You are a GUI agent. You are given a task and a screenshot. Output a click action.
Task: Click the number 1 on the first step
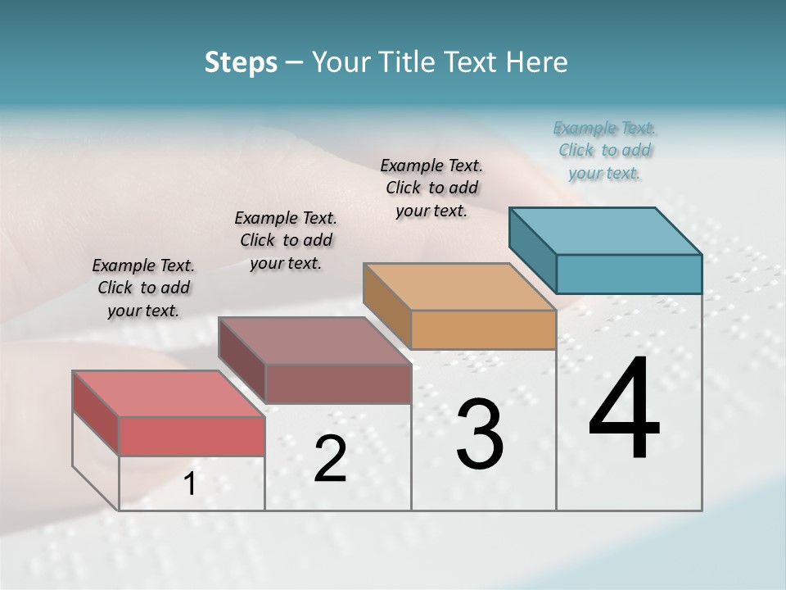click(x=190, y=483)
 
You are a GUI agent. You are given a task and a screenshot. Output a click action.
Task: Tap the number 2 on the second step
click(x=330, y=459)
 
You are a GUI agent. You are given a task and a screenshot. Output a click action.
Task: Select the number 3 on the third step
click(x=479, y=434)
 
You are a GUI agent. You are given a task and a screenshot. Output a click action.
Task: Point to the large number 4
click(x=624, y=410)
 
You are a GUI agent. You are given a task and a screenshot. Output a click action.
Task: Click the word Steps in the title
click(x=241, y=62)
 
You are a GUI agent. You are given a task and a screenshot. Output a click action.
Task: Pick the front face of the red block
click(x=192, y=436)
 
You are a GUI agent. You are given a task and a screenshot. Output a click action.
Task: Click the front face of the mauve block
click(x=337, y=383)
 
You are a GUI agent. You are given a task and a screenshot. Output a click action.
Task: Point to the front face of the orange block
click(x=483, y=330)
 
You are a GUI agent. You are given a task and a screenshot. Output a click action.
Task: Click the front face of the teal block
click(x=629, y=274)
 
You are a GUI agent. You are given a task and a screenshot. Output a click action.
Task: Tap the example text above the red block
click(x=143, y=288)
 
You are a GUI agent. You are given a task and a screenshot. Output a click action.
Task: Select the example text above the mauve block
click(x=286, y=240)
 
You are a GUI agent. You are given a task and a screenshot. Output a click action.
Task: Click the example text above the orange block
click(x=431, y=188)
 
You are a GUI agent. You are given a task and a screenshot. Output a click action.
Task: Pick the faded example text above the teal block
click(x=605, y=150)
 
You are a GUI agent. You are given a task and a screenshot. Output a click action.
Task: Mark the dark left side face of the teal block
click(x=532, y=248)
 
